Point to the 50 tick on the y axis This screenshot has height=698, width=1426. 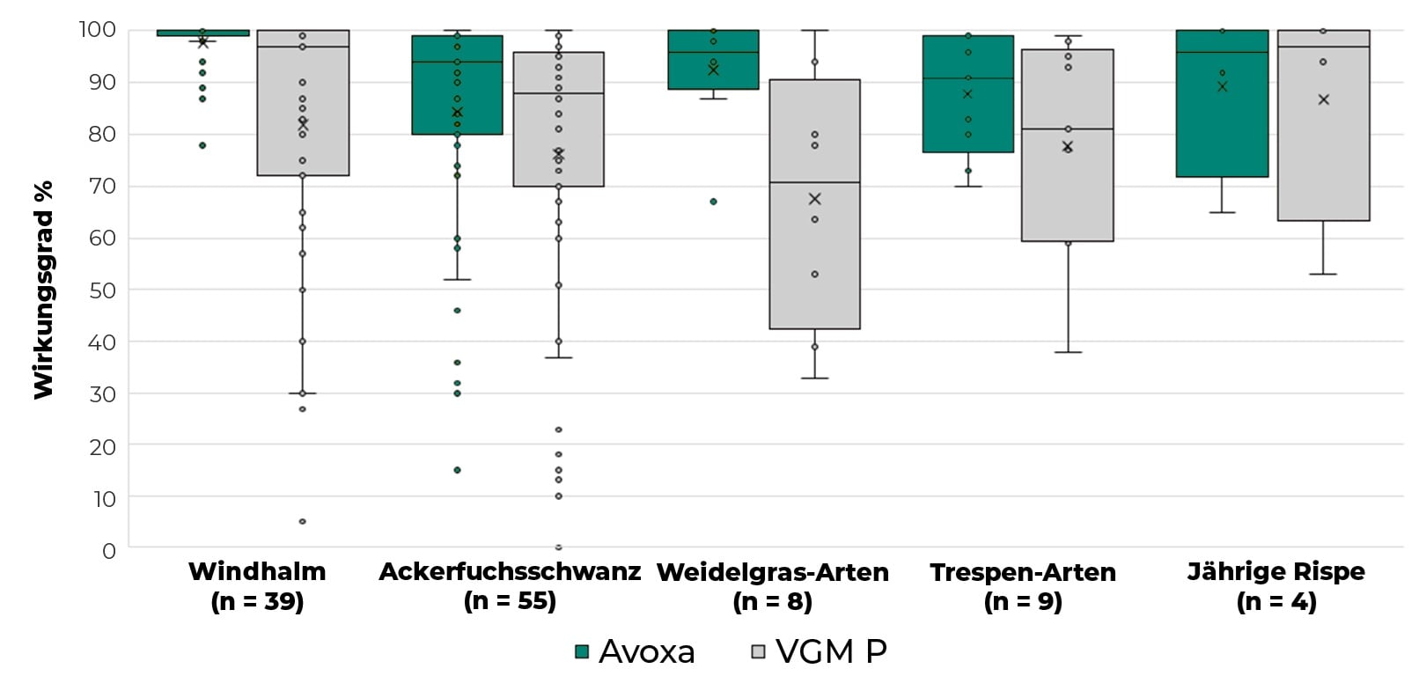[102, 290]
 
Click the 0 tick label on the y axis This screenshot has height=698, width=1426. [109, 551]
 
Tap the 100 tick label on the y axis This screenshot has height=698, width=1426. [97, 30]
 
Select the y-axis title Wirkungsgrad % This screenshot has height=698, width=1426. [43, 290]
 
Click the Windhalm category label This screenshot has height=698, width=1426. [257, 572]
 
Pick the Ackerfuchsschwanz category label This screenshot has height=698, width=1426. [510, 572]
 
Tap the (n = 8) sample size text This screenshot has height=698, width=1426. [772, 602]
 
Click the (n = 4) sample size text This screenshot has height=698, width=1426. [1275, 602]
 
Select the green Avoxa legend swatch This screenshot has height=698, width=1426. [582, 651]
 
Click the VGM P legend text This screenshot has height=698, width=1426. [831, 651]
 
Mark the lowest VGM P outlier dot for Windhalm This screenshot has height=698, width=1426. [303, 521]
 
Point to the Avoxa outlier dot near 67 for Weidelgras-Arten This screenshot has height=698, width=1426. [713, 202]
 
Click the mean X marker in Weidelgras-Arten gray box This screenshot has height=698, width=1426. [814, 199]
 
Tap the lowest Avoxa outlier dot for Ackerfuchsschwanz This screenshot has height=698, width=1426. [457, 470]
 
